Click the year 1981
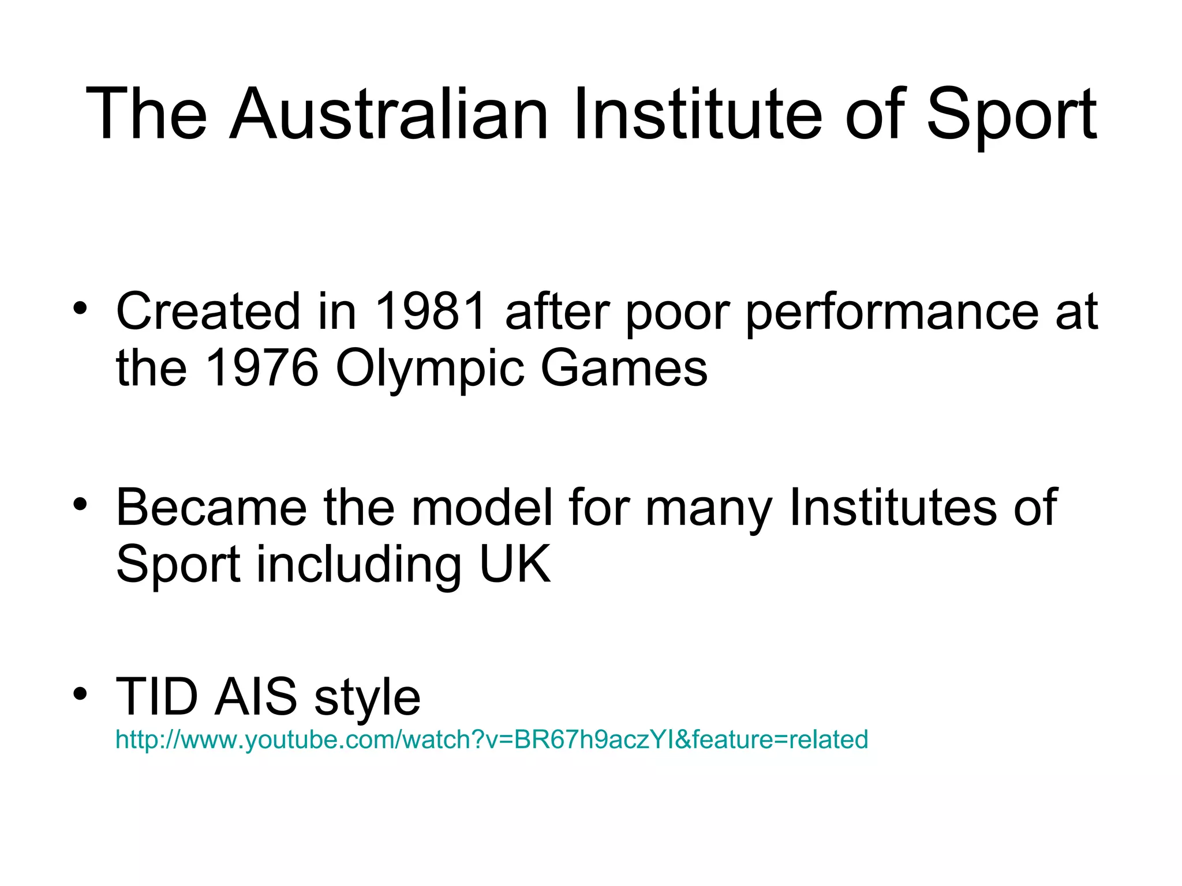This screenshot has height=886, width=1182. [431, 312]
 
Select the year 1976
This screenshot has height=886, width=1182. [261, 369]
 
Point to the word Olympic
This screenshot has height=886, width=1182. [429, 370]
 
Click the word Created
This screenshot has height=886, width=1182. [208, 312]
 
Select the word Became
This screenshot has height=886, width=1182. [211, 508]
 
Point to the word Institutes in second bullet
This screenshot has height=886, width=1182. [892, 508]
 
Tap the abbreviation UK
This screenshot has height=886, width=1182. [515, 565]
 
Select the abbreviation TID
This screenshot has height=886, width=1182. [156, 697]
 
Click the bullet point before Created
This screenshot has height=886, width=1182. [80, 308]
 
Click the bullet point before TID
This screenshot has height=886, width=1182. [80, 693]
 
